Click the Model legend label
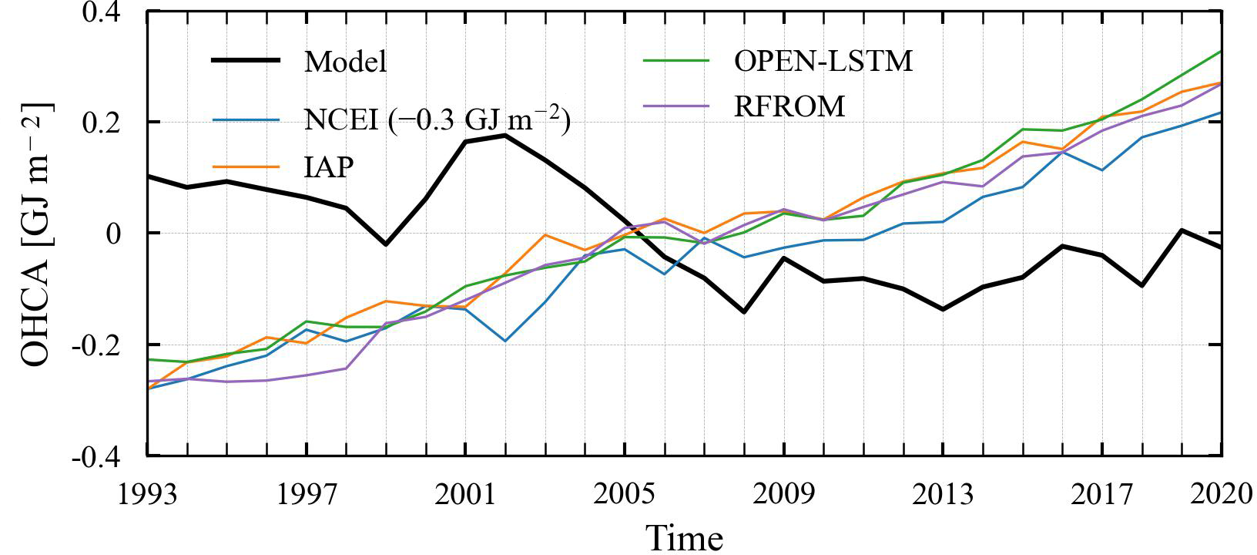click(x=345, y=62)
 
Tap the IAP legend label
click(x=329, y=166)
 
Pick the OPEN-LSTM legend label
click(x=823, y=61)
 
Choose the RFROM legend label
click(x=789, y=107)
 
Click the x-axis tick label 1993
click(x=147, y=493)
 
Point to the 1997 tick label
click(x=307, y=493)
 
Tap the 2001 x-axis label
click(x=465, y=493)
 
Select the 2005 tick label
click(x=625, y=493)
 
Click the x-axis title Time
click(x=684, y=536)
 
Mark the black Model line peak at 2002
click(x=504, y=135)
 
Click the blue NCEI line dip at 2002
click(x=504, y=341)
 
